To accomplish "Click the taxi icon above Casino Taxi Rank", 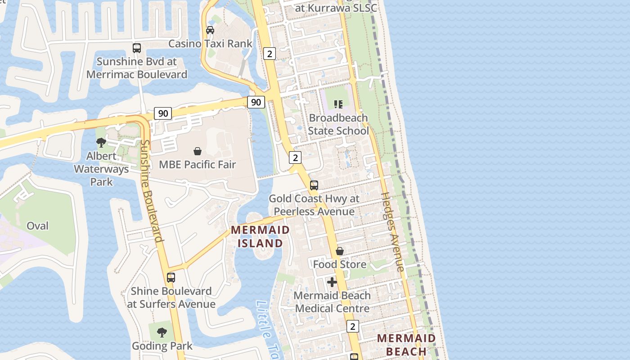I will coord(210,30).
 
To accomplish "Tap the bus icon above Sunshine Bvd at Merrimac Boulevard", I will coord(137,48).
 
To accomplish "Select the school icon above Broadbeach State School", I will coord(338,104).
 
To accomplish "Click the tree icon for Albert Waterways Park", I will coord(101,143).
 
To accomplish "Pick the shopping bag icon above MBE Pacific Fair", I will coord(197,151).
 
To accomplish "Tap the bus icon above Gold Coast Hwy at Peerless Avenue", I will coord(314,185).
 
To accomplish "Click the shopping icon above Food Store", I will coord(340,251).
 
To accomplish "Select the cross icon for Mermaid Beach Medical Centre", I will coord(332,282).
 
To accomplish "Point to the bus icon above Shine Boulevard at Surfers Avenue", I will coord(171,277).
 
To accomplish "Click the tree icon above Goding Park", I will coord(162,333).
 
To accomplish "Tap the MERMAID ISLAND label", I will coord(260,237).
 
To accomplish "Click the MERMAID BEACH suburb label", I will coord(406,345).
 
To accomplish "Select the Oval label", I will coord(38,226).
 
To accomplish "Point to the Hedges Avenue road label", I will coord(393,232).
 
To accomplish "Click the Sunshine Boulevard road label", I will coord(151,191).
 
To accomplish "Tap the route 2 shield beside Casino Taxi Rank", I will coord(270,54).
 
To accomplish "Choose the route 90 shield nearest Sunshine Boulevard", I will coord(163,113).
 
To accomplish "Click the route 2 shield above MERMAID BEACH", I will coord(353,326).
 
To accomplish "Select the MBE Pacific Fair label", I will coord(197,165).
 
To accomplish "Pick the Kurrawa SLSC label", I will coord(335,8).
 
